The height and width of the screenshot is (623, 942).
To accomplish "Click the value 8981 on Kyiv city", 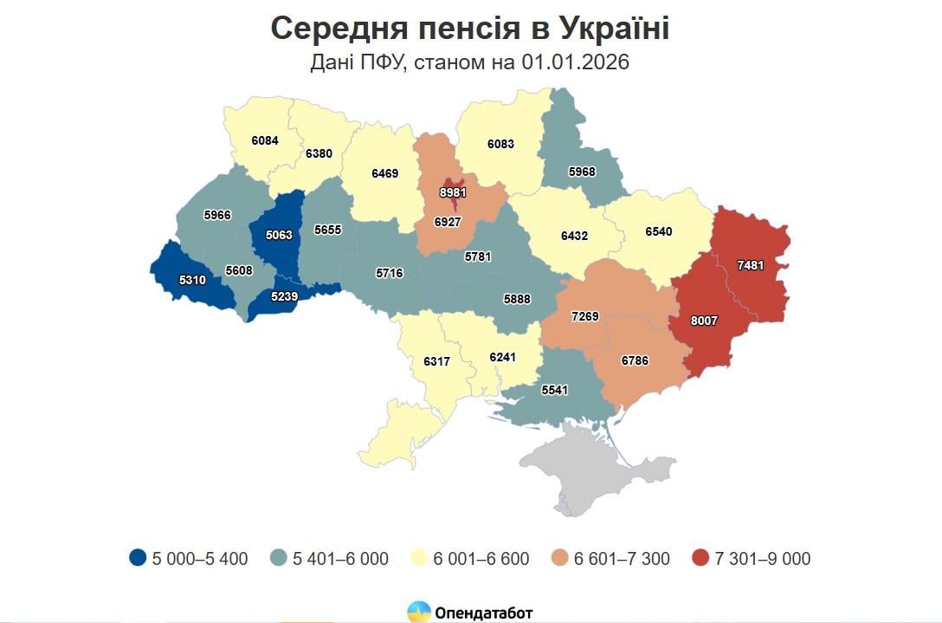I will click(x=452, y=192).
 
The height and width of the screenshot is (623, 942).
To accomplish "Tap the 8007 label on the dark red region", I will click(x=704, y=320).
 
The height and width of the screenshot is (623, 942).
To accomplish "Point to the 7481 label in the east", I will click(x=750, y=266).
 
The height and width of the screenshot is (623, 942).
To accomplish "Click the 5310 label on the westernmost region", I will click(x=192, y=280).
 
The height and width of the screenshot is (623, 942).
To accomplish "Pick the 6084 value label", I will click(x=265, y=140).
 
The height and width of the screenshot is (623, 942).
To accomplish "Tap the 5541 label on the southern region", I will click(x=554, y=390).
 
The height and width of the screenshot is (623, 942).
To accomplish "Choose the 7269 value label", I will click(x=585, y=316).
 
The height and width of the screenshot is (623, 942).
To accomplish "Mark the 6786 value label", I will click(x=635, y=360).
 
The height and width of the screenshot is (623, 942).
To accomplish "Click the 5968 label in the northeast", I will click(x=582, y=172).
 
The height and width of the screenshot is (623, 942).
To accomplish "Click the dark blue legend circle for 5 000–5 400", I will click(x=137, y=559).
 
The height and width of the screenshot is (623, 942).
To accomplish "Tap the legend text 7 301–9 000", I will click(x=763, y=559).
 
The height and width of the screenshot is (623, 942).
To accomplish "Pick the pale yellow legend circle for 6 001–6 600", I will click(x=418, y=559).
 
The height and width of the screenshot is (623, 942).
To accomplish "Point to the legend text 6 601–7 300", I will click(x=622, y=559).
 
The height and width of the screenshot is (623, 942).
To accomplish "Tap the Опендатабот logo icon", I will click(x=419, y=612).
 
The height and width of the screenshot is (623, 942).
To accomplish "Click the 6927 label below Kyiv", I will click(x=448, y=222).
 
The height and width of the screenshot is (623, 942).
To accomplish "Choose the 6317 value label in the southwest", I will click(x=436, y=360).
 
